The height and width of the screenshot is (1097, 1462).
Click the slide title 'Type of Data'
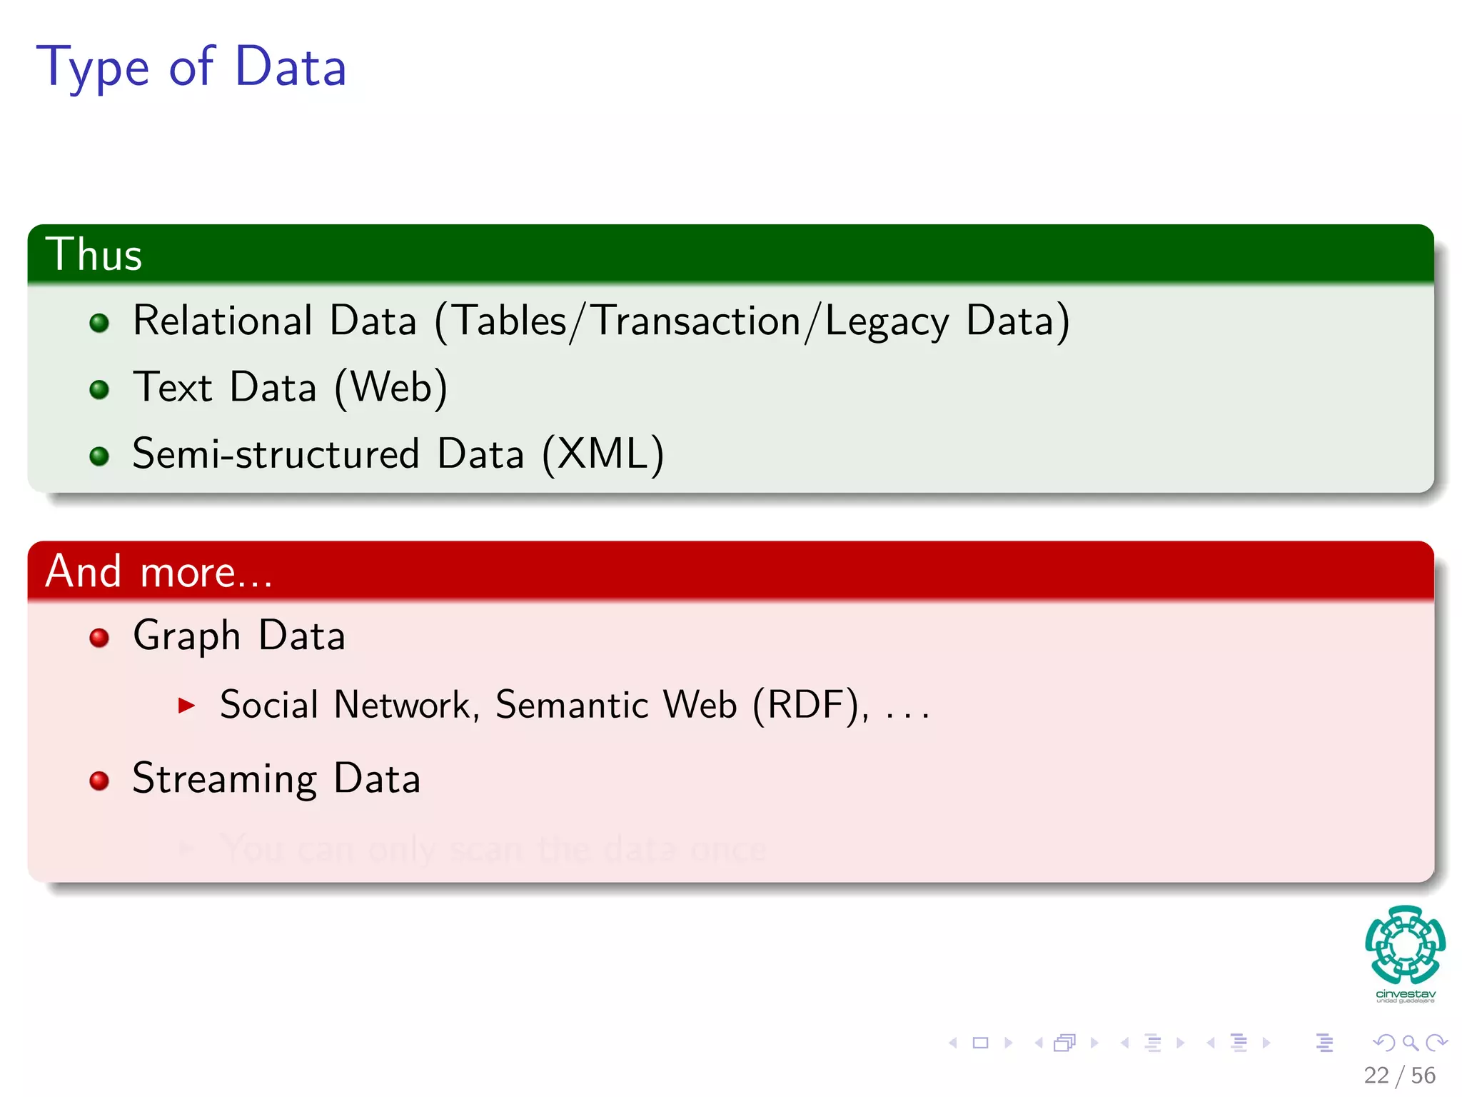tap(191, 67)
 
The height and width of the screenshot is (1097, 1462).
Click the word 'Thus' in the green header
tap(94, 255)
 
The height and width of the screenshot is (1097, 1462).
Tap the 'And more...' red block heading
tap(158, 572)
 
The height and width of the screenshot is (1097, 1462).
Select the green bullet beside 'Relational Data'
tap(99, 323)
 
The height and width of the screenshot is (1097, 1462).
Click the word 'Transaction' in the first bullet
tap(697, 321)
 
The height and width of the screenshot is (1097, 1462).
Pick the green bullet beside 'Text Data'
tap(99, 389)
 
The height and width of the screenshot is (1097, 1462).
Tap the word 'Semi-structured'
tap(276, 454)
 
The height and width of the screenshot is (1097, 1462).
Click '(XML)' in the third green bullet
tap(603, 454)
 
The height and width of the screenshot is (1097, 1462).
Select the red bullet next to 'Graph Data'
tap(99, 637)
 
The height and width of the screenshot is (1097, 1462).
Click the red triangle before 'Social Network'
tap(186, 706)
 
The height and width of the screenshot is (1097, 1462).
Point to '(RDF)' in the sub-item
tap(810, 706)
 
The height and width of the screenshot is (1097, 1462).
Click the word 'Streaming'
tap(224, 779)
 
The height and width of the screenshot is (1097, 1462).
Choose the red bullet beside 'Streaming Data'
tap(99, 780)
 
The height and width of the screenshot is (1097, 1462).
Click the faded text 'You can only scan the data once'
tap(493, 849)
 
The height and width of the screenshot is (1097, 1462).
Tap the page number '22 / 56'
tap(1399, 1075)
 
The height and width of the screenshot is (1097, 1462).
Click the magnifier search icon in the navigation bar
tap(1410, 1043)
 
